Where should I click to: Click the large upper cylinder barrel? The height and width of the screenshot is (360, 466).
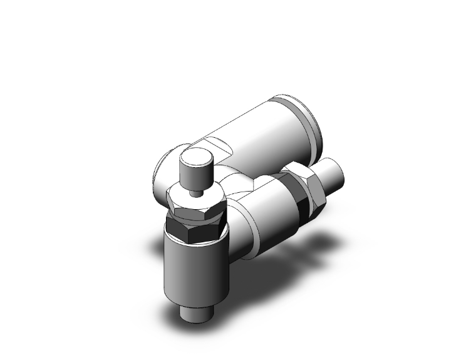pos(263,131)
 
